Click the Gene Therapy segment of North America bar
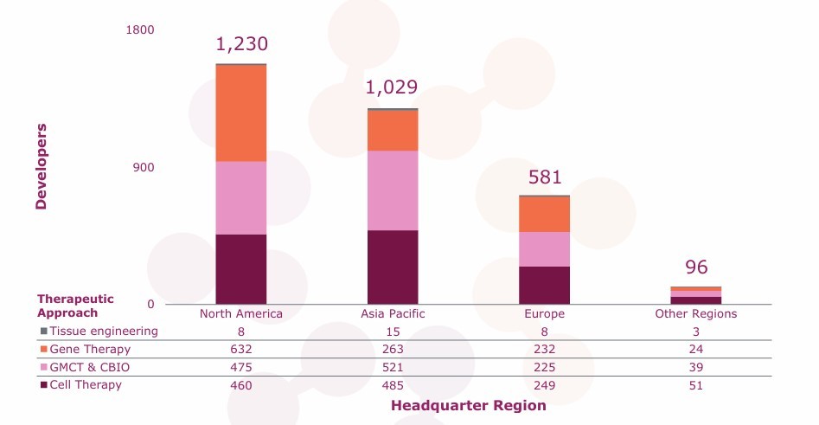[x=241, y=113]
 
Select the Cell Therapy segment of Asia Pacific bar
[x=393, y=267]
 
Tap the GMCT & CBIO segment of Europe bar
[x=544, y=248]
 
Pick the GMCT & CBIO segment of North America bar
[x=241, y=197]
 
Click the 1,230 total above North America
[x=241, y=44]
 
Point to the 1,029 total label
[x=392, y=87]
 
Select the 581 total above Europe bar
[x=545, y=177]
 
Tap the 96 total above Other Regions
[x=696, y=267]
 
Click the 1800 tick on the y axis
[x=140, y=30]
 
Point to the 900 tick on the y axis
[x=144, y=167]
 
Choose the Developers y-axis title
[x=41, y=166]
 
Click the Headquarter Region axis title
[x=468, y=405]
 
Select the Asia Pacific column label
[x=393, y=313]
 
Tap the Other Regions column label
[x=696, y=313]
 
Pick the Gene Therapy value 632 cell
[x=241, y=349]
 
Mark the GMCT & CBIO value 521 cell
[x=393, y=367]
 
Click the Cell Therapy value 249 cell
[x=545, y=385]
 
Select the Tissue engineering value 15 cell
[x=393, y=331]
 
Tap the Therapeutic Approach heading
[x=75, y=306]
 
